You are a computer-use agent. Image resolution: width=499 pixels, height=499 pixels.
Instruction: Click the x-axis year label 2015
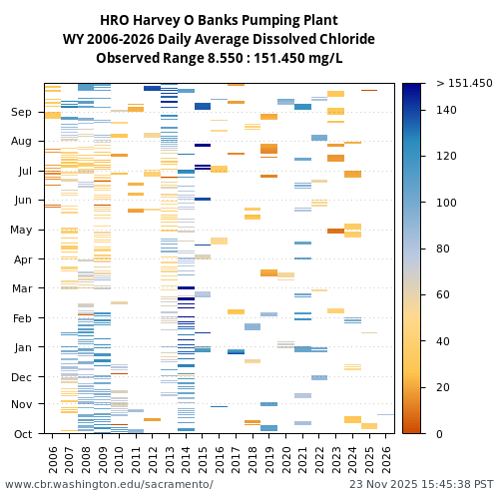pyautogui.click(x=203, y=458)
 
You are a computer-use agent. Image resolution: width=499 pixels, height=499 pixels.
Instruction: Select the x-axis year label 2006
pyautogui.click(x=53, y=458)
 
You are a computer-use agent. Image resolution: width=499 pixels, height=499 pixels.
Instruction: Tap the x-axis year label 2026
pyautogui.click(x=385, y=458)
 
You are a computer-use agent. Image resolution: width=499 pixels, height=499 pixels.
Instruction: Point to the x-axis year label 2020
pyautogui.click(x=285, y=458)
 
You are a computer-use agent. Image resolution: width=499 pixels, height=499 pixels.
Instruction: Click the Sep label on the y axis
pyautogui.click(x=22, y=113)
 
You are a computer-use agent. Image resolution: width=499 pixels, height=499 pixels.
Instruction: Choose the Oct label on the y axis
pyautogui.click(x=23, y=433)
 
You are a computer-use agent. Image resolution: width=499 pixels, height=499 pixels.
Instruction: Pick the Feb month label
pyautogui.click(x=23, y=318)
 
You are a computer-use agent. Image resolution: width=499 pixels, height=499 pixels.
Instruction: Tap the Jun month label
pyautogui.click(x=23, y=201)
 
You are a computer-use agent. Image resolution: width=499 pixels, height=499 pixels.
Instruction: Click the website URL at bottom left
pyautogui.click(x=109, y=484)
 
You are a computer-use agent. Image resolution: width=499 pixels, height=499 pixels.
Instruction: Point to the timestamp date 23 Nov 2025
pyautogui.click(x=383, y=484)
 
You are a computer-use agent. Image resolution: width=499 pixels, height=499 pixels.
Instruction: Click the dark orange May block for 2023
pyautogui.click(x=335, y=231)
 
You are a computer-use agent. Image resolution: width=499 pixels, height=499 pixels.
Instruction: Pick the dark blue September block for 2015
pyautogui.click(x=203, y=106)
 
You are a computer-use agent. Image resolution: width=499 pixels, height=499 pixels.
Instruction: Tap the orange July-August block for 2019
pyautogui.click(x=269, y=149)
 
